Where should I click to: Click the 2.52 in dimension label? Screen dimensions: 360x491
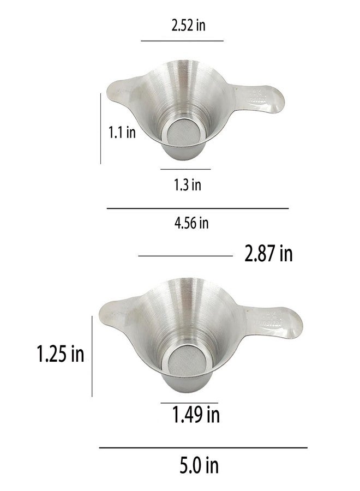[188, 25]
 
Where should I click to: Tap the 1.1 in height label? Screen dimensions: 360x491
[122, 132]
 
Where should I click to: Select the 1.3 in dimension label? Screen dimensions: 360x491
[188, 184]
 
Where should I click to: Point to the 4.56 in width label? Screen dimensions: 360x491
[191, 223]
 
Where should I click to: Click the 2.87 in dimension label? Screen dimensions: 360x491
[268, 253]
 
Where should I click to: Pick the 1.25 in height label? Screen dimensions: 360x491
[61, 354]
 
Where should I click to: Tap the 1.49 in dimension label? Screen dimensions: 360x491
[196, 414]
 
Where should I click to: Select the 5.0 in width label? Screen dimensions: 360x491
[199, 465]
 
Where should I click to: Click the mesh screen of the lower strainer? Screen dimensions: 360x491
[188, 361]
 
